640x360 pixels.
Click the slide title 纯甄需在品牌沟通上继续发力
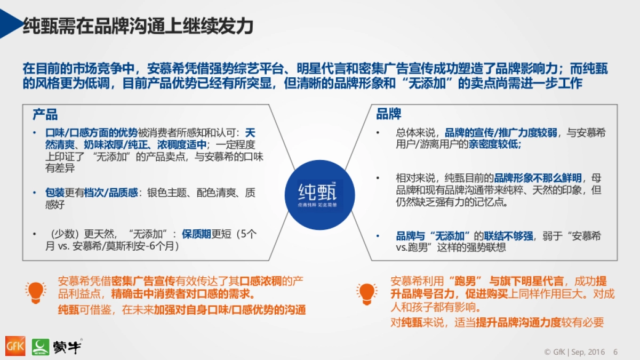(138, 26)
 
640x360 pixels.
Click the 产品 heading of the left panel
(45, 115)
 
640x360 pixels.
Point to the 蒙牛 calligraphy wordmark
(67, 347)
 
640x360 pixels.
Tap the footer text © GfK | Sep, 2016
(574, 352)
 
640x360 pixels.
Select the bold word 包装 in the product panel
(55, 193)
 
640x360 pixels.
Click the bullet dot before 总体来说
(378, 133)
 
